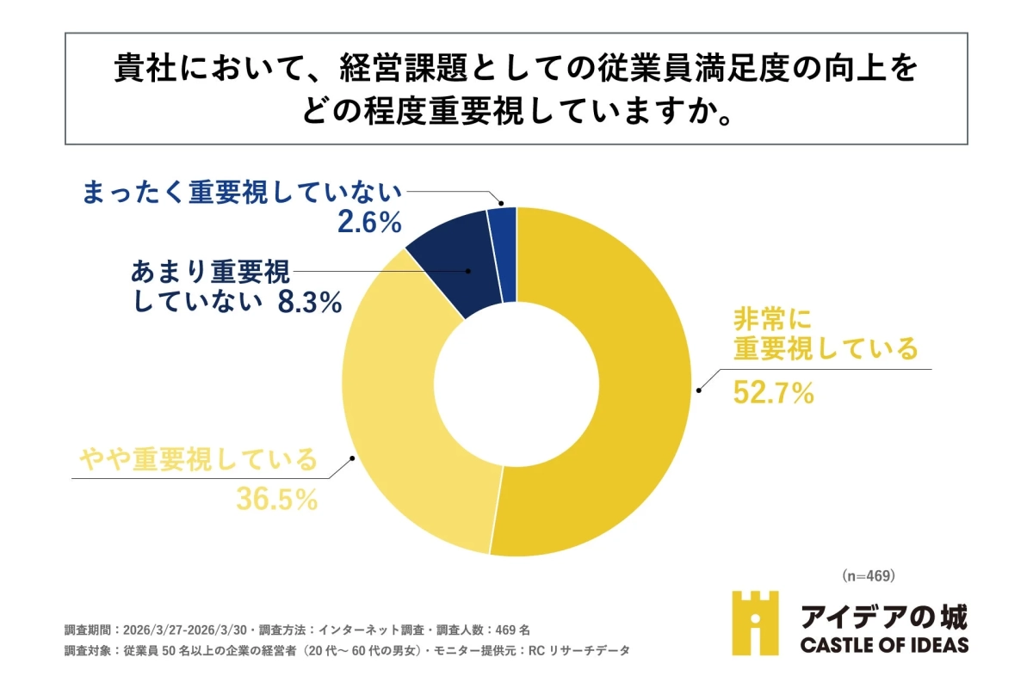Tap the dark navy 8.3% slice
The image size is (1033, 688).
(452, 258)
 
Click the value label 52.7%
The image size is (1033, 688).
(772, 393)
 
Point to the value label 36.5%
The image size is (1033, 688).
(277, 500)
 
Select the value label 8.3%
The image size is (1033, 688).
(310, 303)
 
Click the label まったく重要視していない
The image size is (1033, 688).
(242, 193)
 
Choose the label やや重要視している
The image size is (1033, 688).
(198, 459)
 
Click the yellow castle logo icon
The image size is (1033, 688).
(755, 622)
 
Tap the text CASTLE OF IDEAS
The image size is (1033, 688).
(884, 645)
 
